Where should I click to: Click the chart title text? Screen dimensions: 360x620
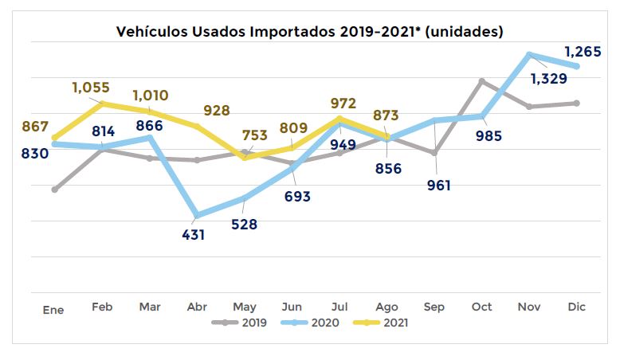pyautogui.click(x=310, y=32)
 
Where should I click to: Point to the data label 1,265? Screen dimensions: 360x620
pyautogui.click(x=583, y=53)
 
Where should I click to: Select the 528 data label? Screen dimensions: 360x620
pyautogui.click(x=244, y=224)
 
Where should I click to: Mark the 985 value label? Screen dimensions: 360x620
pyautogui.click(x=489, y=135)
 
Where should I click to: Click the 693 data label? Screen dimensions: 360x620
pyautogui.click(x=296, y=196)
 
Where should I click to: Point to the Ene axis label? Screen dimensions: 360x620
pyautogui.click(x=53, y=310)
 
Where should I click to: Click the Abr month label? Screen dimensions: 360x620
pyautogui.click(x=196, y=307)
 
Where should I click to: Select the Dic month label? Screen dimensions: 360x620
pyautogui.click(x=577, y=307)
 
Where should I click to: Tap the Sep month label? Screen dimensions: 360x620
pyautogui.click(x=435, y=307)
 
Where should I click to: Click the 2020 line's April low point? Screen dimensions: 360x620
pyautogui.click(x=197, y=215)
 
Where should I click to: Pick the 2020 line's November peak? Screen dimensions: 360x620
pyautogui.click(x=529, y=55)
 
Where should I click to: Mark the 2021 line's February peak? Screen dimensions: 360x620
pyautogui.click(x=102, y=104)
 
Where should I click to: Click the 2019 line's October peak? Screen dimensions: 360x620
pyautogui.click(x=482, y=80)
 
